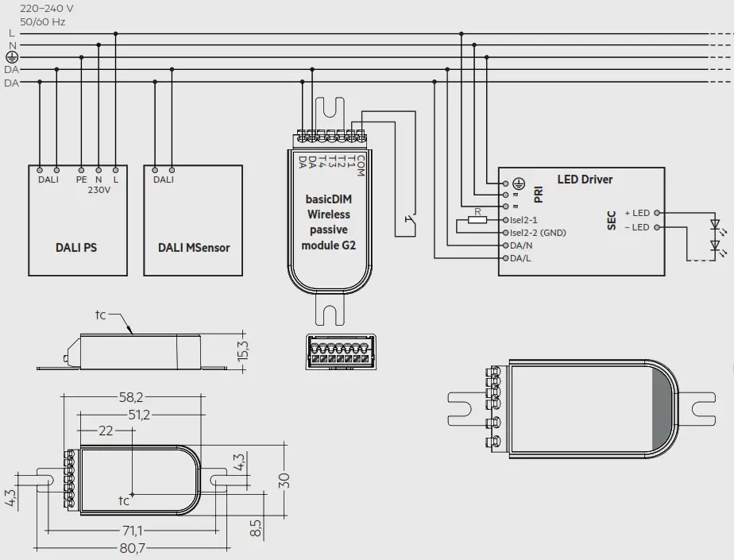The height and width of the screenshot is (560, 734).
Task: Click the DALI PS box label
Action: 76,248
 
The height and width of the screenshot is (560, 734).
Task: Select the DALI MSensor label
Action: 193,248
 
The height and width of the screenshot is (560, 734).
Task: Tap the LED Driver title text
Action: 585,180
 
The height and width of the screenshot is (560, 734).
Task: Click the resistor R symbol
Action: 477,219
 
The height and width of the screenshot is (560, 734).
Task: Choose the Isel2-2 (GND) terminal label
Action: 537,233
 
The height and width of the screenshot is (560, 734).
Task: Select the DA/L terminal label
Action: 521,258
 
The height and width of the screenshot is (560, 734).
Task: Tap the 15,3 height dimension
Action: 244,350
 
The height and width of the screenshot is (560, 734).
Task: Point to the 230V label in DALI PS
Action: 99,191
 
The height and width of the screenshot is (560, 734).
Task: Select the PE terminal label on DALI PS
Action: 81,180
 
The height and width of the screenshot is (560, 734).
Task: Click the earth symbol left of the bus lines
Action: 11,58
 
